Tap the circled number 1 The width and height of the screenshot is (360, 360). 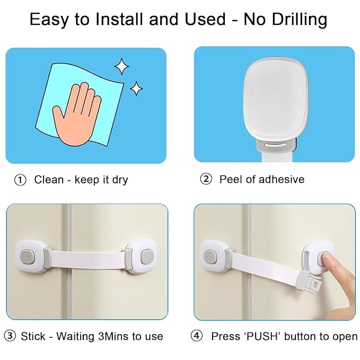(x=20, y=180)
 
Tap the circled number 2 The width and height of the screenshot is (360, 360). (x=206, y=179)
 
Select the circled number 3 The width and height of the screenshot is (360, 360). (x=10, y=336)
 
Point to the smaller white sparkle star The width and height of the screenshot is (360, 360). (x=137, y=88)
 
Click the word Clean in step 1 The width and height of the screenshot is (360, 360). (x=49, y=180)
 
